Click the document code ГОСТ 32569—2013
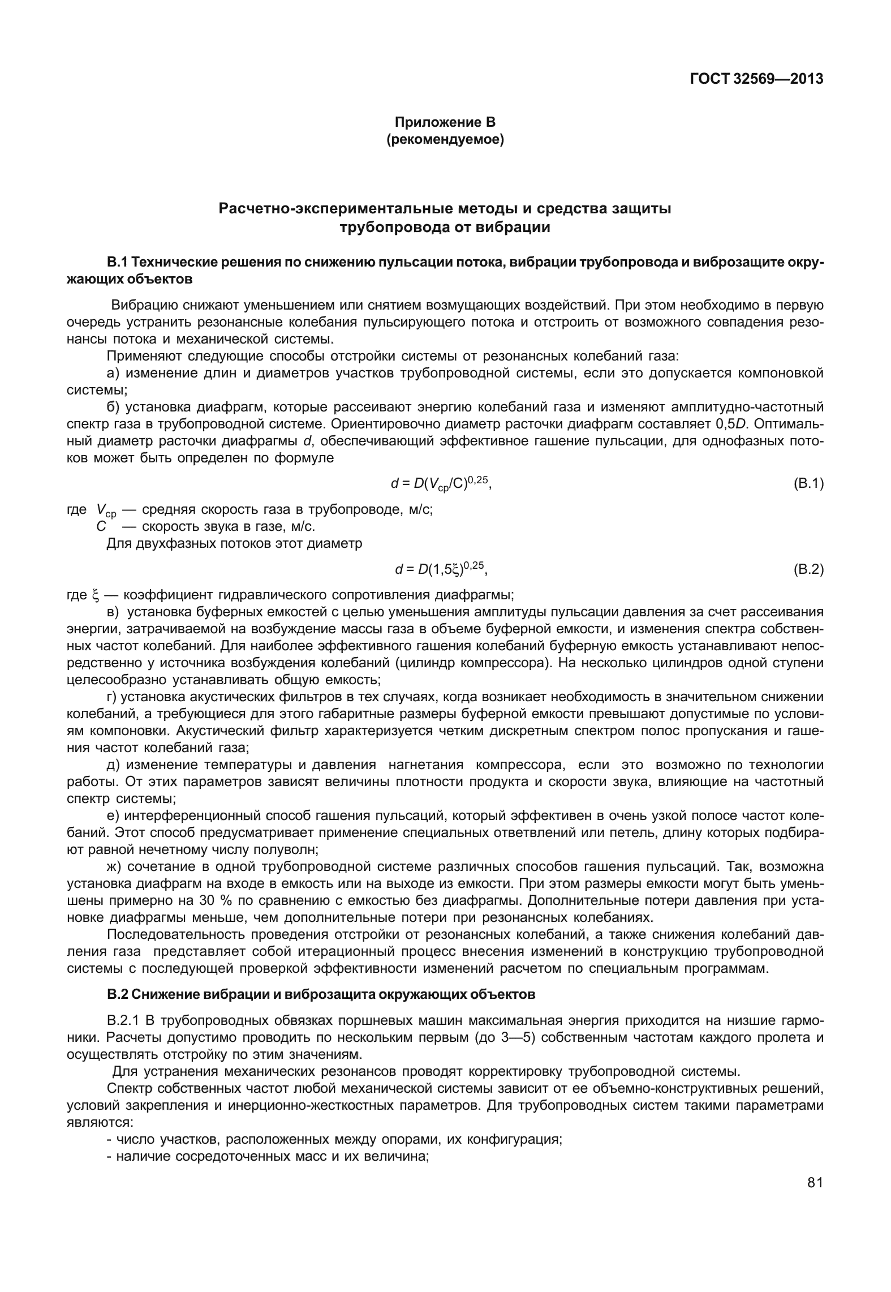[756, 79]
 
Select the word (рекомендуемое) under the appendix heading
[445, 139]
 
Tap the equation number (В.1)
[808, 484]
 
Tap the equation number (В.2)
[808, 570]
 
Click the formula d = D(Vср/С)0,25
[441, 484]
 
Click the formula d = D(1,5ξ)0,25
[441, 570]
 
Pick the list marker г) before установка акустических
[111, 697]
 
